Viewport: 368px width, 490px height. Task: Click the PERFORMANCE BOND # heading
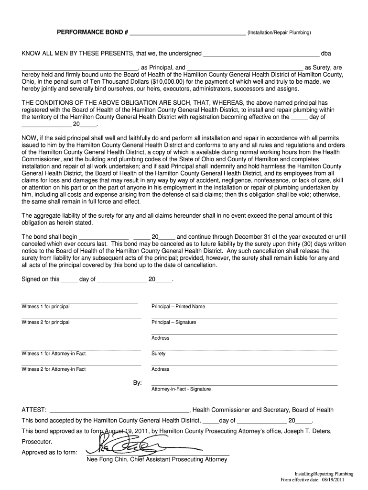93,33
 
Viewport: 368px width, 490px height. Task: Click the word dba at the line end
326,53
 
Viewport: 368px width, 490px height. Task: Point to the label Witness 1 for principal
45,306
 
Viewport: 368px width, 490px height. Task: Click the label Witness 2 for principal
45,322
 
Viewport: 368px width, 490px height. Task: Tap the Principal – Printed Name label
178,306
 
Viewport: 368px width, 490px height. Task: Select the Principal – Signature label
173,322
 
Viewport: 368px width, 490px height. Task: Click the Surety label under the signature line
159,354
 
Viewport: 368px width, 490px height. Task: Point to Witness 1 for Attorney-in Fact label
54,354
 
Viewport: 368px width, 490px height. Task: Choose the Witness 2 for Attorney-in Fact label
54,369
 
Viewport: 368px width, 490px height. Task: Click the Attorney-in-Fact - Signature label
181,389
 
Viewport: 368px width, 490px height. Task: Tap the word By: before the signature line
137,383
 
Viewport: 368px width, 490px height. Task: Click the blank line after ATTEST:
119,411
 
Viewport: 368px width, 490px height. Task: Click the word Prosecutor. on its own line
37,441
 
